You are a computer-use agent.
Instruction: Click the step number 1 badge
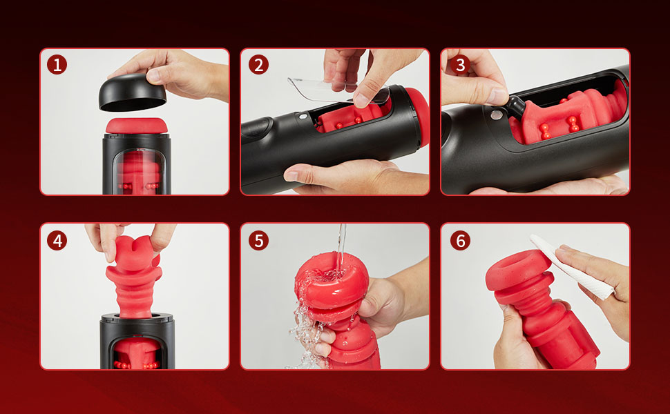(x=57, y=65)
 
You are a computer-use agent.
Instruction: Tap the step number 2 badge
(x=258, y=65)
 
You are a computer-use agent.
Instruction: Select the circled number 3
(x=460, y=65)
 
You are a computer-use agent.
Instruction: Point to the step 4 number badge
(x=57, y=241)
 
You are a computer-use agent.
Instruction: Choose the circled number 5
(x=258, y=241)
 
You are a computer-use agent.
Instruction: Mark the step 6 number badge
(x=460, y=241)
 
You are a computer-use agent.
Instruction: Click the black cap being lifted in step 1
(x=132, y=93)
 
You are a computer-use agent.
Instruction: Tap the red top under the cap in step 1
(x=136, y=126)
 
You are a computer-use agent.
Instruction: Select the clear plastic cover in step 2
(x=338, y=90)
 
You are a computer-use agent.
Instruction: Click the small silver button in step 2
(x=303, y=116)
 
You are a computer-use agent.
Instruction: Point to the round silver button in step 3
(x=496, y=115)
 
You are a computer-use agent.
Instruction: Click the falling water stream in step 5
(x=341, y=248)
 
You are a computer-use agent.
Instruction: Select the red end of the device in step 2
(x=418, y=116)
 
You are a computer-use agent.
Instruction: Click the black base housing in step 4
(x=137, y=342)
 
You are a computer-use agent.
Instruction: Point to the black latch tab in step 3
(x=516, y=107)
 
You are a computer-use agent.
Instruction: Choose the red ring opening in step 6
(x=517, y=273)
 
